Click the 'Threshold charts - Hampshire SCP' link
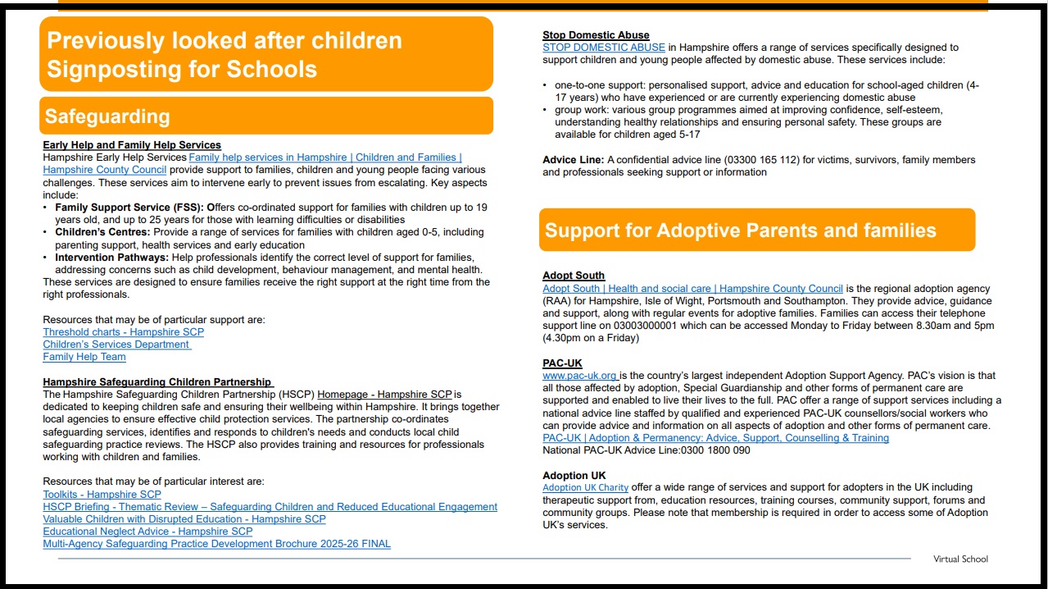(x=123, y=332)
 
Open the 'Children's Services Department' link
(x=116, y=345)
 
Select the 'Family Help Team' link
(x=84, y=357)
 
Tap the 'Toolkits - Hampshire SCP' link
(x=102, y=495)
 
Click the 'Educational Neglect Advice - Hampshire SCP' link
(x=147, y=532)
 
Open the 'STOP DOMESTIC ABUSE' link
(x=603, y=48)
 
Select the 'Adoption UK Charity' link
(x=585, y=488)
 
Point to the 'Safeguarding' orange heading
(x=107, y=116)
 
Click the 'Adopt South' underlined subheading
(x=574, y=276)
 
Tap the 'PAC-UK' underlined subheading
(x=562, y=363)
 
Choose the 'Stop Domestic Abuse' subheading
(x=596, y=35)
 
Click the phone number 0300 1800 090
(x=710, y=450)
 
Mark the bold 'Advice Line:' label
(x=573, y=160)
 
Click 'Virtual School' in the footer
(x=960, y=559)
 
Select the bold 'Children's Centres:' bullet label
(x=102, y=233)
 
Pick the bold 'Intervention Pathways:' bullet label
(x=111, y=258)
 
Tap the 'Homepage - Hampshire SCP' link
(x=384, y=395)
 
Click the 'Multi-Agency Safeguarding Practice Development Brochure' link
(x=216, y=544)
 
